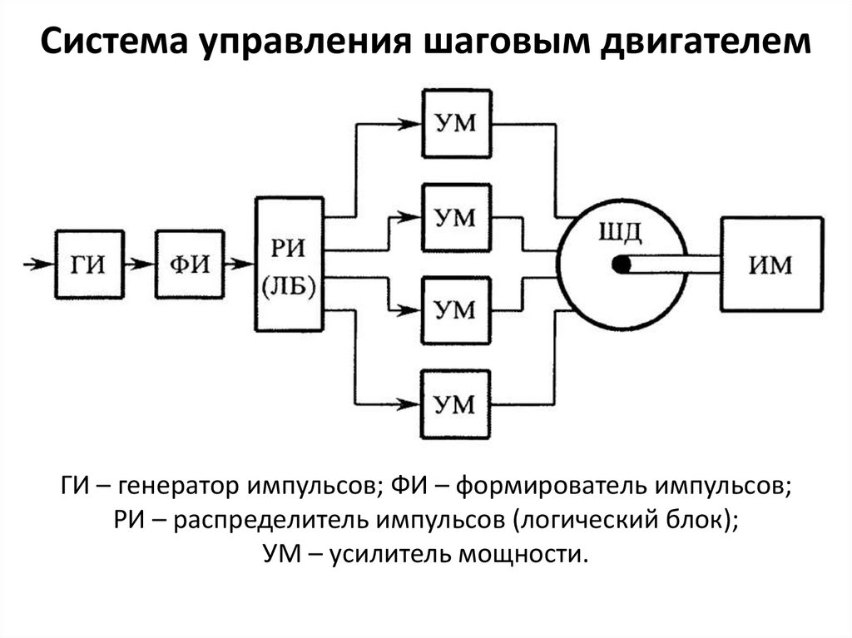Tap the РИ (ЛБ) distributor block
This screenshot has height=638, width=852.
(288, 264)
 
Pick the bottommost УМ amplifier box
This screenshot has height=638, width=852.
(455, 405)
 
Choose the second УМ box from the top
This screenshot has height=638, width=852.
(455, 217)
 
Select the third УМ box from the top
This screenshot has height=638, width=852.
(455, 310)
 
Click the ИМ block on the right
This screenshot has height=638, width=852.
(770, 265)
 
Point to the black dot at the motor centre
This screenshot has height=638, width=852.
(621, 265)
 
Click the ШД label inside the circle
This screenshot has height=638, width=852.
(620, 230)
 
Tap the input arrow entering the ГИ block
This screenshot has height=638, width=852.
(38, 264)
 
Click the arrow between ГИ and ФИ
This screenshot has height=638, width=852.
(136, 264)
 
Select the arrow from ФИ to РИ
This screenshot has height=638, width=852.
(240, 264)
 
